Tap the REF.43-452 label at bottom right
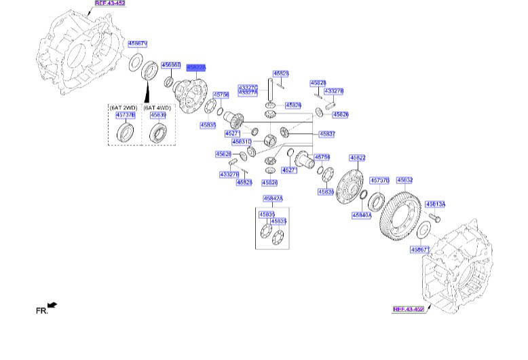(x=409, y=309)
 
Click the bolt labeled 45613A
(x=436, y=218)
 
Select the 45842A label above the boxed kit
(x=273, y=198)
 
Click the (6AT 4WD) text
(x=157, y=107)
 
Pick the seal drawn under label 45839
(x=157, y=132)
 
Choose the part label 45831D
(x=242, y=142)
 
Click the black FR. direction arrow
(x=52, y=306)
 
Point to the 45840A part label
(x=361, y=215)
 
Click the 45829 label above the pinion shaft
(x=281, y=73)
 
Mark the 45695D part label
(x=170, y=65)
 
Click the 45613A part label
(x=435, y=204)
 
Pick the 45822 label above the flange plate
(x=357, y=158)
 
